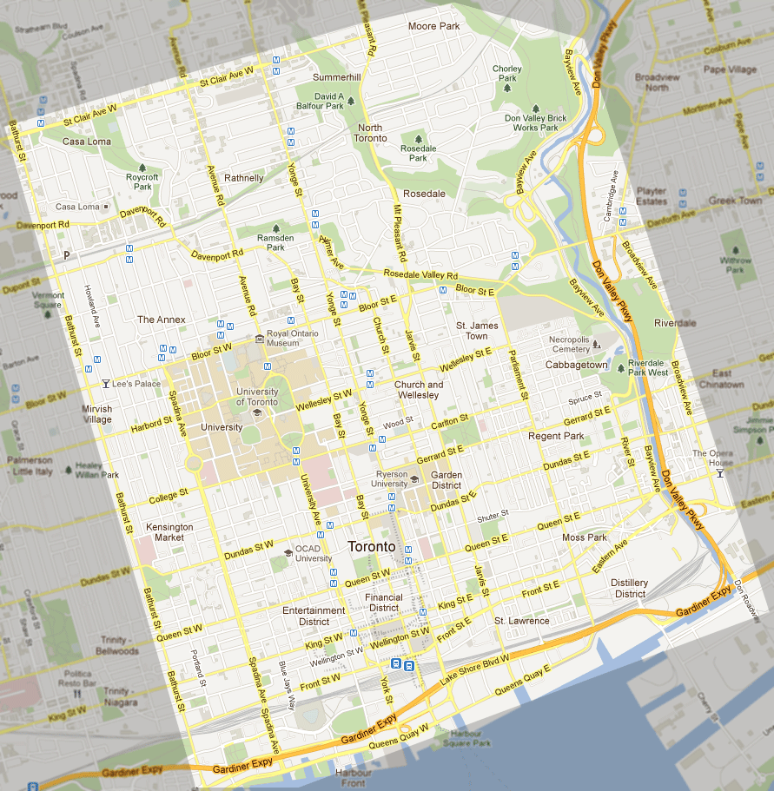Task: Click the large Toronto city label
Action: [371, 547]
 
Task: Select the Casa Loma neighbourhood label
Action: [86, 142]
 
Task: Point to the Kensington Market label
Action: [169, 532]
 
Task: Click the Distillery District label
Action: [629, 588]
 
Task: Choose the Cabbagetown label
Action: [576, 366]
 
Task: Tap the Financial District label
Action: [383, 603]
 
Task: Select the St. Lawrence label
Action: [521, 621]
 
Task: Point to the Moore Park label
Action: [433, 27]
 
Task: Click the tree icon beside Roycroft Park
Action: [142, 167]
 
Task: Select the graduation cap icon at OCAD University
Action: [288, 552]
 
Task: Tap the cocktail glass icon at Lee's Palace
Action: [105, 383]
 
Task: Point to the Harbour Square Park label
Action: [466, 739]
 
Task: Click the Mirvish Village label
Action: [97, 414]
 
